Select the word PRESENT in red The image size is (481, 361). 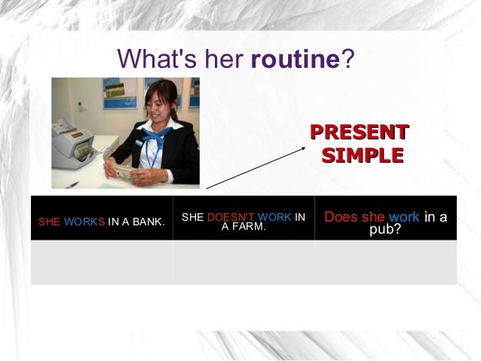click(x=359, y=133)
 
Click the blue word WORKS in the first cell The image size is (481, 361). click(x=84, y=222)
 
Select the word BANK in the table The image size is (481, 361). click(x=148, y=222)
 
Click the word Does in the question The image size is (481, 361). click(x=340, y=218)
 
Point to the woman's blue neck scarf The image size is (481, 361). click(x=160, y=138)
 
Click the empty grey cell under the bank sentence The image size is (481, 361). click(x=102, y=262)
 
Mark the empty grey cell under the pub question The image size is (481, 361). click(x=385, y=262)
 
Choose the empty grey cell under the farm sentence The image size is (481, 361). click(x=244, y=262)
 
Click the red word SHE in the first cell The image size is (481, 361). click(x=49, y=222)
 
